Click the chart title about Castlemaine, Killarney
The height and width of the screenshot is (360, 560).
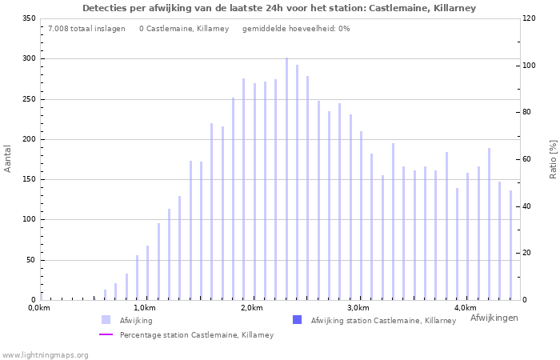[x=279, y=8]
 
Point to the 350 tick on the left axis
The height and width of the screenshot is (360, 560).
[x=28, y=18]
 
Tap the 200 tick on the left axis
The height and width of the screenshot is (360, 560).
[x=28, y=139]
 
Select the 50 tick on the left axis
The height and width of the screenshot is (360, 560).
[x=30, y=260]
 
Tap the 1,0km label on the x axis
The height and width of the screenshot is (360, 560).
[x=144, y=308]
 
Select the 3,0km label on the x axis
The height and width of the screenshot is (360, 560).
[x=358, y=308]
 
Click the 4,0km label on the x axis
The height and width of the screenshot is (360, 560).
[x=466, y=308]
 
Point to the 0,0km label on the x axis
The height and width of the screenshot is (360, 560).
[x=39, y=308]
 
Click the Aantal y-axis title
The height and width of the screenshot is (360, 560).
[x=8, y=158]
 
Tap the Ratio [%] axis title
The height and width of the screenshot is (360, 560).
[x=553, y=158]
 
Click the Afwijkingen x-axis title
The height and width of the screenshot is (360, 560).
[x=494, y=318]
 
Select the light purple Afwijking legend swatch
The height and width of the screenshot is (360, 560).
[x=106, y=320]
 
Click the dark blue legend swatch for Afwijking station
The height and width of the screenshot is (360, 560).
[x=297, y=320]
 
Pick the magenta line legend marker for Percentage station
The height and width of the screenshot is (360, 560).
[x=106, y=335]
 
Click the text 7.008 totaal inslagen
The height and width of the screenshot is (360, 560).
[x=86, y=29]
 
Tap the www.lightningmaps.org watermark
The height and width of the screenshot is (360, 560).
[x=45, y=354]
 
